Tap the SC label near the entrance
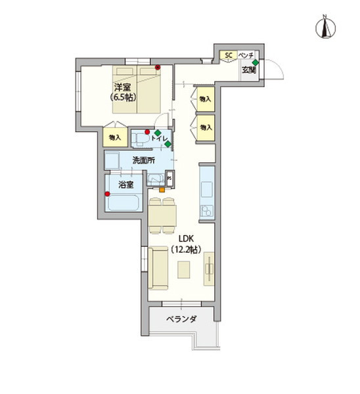point(229,55)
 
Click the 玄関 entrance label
point(248,70)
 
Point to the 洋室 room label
point(122,87)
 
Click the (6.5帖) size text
point(122,98)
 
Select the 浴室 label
point(125,186)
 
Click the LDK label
point(186,238)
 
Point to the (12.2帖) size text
point(186,250)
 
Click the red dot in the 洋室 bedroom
point(158,67)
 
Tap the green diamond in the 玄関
point(255,63)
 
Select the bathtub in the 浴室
point(123,202)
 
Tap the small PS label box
point(169,177)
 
